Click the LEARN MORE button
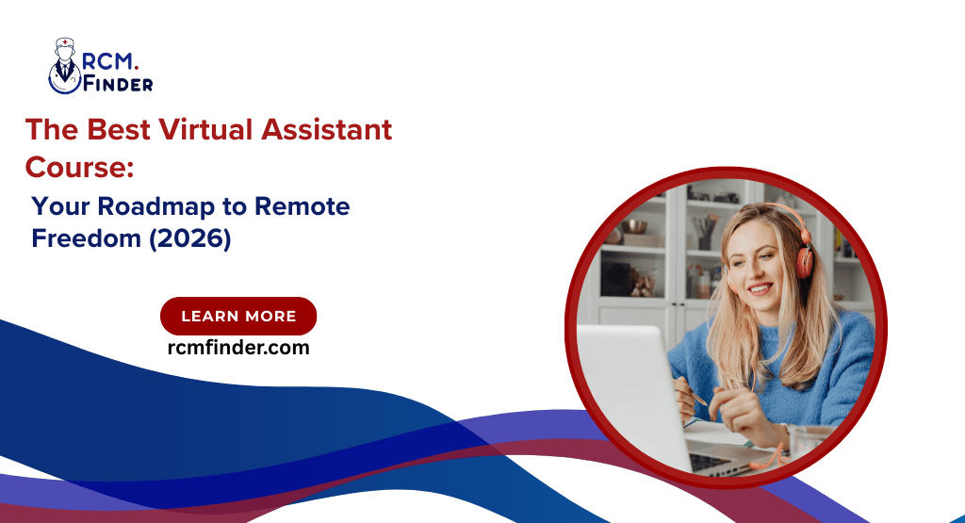(238, 317)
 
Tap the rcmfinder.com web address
(237, 348)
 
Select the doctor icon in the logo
(64, 66)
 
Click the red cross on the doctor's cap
(64, 43)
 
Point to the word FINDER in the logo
(118, 84)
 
